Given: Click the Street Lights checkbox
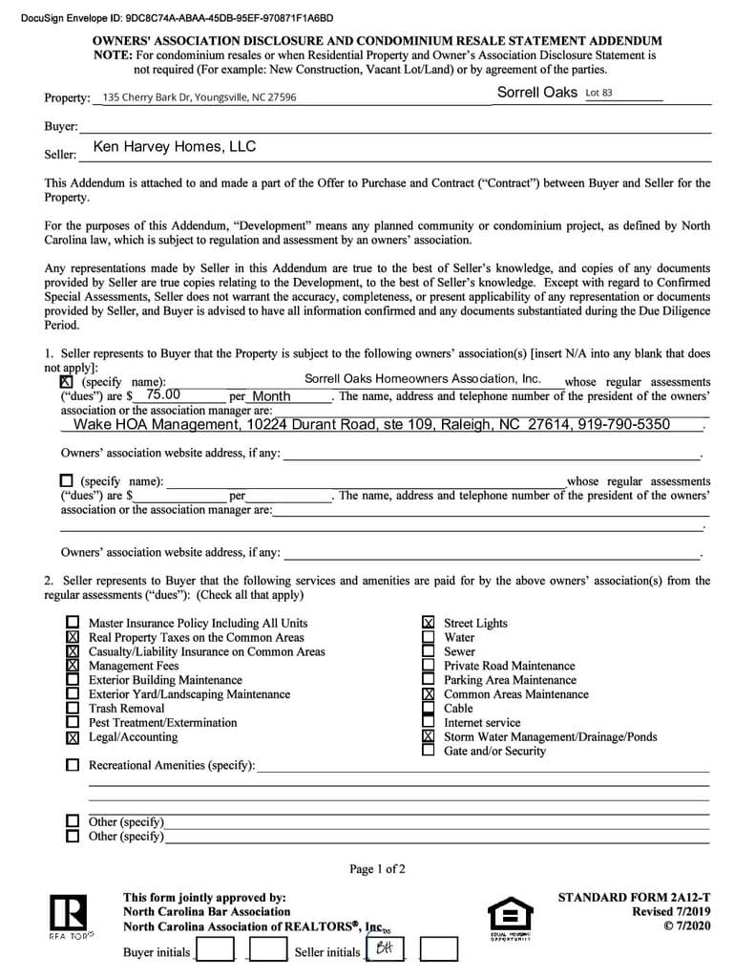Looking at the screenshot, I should coord(429,623).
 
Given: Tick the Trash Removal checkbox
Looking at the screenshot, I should coord(73,709).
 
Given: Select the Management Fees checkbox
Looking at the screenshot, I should coord(73,666).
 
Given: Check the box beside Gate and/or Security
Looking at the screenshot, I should coord(429,751).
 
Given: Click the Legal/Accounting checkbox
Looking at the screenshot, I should coord(73,737).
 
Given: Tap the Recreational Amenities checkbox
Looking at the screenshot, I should coord(73,765).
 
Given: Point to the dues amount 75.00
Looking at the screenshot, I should coord(163,394).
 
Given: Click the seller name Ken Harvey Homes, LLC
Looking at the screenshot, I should coord(175,147).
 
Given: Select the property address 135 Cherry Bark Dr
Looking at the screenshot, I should coord(199,97).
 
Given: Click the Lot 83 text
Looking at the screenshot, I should coord(598,93).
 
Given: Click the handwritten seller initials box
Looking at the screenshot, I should coord(386,949).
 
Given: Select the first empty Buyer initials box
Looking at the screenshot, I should coord(215,950).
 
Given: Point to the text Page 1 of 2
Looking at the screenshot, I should coord(377,869).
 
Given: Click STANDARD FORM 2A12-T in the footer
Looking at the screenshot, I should coord(634,898).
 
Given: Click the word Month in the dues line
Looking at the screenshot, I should coord(271,396).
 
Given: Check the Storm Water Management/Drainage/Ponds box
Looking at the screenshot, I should coord(429,737).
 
